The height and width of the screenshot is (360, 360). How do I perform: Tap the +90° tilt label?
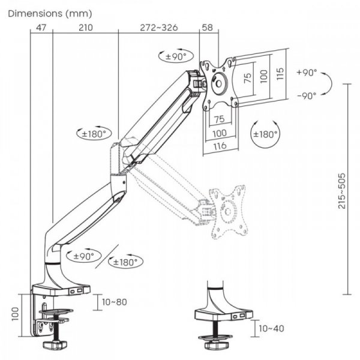pos(307,73)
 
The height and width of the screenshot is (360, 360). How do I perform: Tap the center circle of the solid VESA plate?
pos(219,85)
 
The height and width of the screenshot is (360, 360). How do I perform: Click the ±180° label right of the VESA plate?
pos(265,134)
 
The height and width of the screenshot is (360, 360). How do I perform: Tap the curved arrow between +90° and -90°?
pos(326,84)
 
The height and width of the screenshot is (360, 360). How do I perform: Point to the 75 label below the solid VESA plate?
pos(218,118)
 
